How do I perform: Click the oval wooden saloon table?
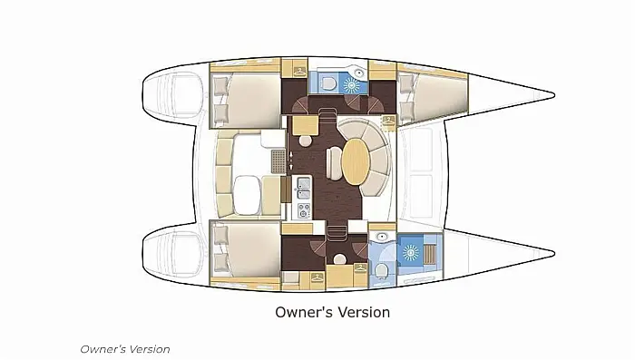[356, 162]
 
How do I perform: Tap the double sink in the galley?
[304, 190]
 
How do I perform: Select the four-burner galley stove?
[305, 210]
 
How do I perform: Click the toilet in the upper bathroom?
[327, 83]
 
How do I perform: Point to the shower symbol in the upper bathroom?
[350, 84]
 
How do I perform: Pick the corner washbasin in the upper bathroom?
[359, 73]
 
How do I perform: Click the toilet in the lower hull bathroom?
[382, 270]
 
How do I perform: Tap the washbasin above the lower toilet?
[381, 237]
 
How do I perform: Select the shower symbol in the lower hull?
[410, 253]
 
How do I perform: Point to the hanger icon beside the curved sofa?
[389, 121]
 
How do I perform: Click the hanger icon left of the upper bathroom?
[299, 72]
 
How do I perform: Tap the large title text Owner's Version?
[333, 312]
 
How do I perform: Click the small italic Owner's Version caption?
[125, 349]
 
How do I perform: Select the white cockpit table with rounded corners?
[247, 193]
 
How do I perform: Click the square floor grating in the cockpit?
[278, 161]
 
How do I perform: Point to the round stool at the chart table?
[305, 141]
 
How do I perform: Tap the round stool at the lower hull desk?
[339, 259]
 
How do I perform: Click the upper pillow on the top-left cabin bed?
[221, 87]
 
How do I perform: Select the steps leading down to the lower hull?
[337, 234]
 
